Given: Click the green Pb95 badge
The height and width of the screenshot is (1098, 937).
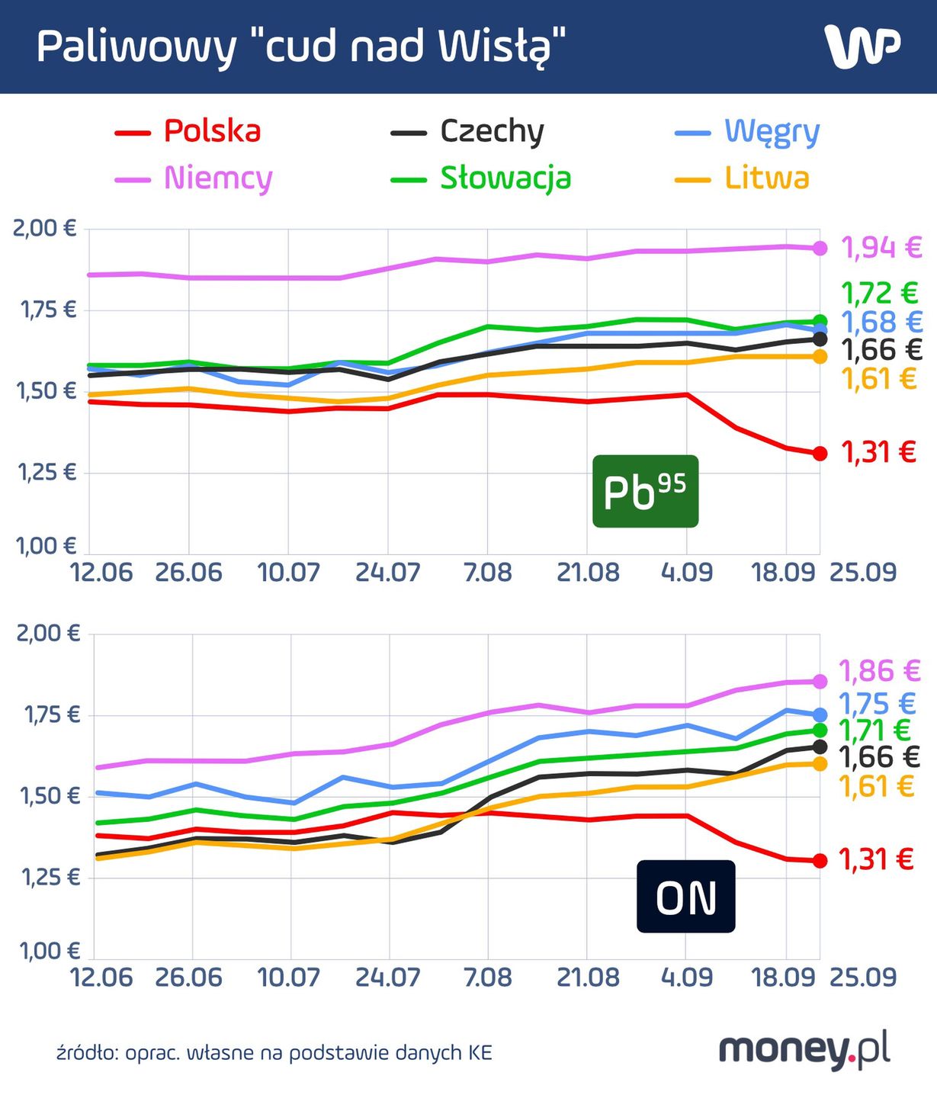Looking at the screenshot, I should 645,492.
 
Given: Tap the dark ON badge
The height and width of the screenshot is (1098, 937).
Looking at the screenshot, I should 685,897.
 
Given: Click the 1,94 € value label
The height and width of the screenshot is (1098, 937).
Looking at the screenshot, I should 881,248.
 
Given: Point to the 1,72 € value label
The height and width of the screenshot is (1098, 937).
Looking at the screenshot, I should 880,293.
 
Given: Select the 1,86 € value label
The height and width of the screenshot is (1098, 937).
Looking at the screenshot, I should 880,672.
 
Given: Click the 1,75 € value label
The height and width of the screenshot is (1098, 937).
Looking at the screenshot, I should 877,703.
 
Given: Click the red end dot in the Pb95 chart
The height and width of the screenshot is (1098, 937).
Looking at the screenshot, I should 820,454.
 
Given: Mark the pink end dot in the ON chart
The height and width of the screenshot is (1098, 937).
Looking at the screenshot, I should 820,681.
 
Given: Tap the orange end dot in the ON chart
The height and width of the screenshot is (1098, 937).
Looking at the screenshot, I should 820,764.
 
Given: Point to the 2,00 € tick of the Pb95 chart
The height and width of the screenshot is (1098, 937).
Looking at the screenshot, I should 45,228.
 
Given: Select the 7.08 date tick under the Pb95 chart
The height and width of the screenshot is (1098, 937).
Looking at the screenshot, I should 487,573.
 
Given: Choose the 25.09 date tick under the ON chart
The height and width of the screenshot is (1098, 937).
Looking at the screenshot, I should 862,978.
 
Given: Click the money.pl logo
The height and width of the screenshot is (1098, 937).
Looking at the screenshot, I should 804,1051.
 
